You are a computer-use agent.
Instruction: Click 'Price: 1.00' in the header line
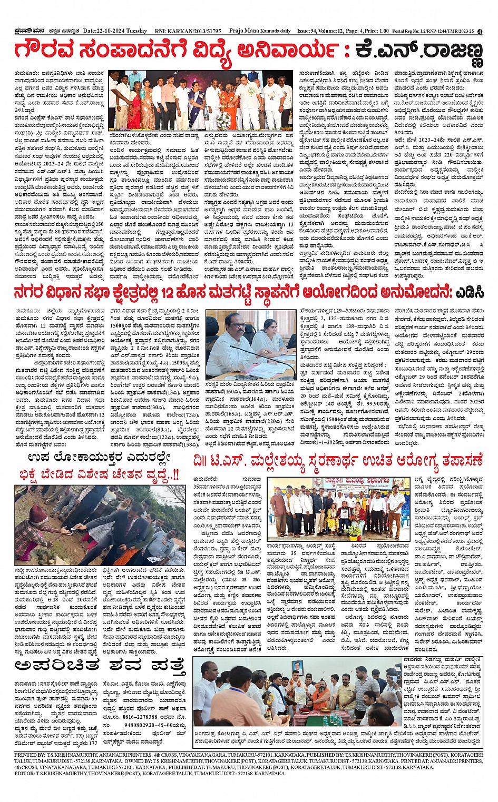click(x=377, y=31)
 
